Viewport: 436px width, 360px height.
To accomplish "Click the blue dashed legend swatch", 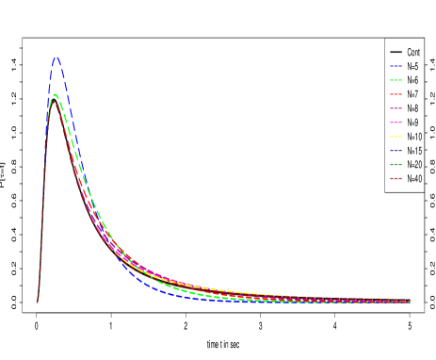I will tap(396, 66).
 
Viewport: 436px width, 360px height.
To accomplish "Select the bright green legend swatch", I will tap(396, 80).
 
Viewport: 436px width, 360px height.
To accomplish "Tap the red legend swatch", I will tap(396, 94).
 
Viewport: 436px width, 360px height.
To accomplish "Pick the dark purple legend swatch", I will tap(396, 108).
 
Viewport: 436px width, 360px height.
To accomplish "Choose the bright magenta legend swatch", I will tap(396, 123).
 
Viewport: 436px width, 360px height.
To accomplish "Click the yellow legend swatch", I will tap(396, 137).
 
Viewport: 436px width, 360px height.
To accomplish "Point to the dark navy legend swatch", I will tap(396, 151).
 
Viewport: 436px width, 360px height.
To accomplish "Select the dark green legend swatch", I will tap(396, 164).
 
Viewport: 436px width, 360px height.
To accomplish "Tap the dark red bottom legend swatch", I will tap(396, 178).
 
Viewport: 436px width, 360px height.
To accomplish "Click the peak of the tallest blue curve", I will tap(57, 58).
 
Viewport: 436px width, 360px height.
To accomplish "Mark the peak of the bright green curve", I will tap(55, 94).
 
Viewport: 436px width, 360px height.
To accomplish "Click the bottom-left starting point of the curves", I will tap(38, 302).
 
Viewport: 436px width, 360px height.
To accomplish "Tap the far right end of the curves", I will tap(409, 302).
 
